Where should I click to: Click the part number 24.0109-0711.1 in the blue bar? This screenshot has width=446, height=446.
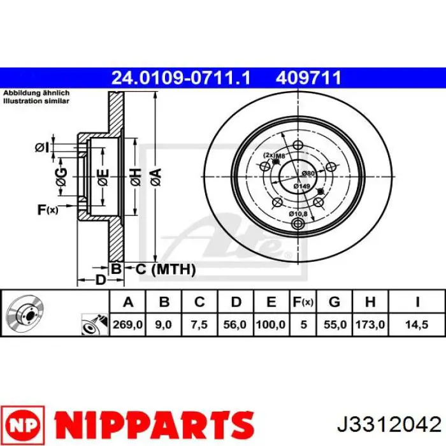pos(180,78)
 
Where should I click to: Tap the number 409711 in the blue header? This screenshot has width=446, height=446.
pos(308,78)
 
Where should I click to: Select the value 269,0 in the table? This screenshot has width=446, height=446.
pos(127,324)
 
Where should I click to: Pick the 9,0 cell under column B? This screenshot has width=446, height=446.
pos(164,324)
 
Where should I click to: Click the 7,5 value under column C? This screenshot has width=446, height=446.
pos(199,324)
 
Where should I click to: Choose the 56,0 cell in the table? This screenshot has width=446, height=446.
pos(234,324)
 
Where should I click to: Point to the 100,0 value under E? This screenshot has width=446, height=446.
pos(271,324)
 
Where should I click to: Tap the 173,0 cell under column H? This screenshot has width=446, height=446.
pos(370,324)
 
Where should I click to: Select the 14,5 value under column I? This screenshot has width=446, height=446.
pos(417,324)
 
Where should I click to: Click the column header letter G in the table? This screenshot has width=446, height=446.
pos(334,301)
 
